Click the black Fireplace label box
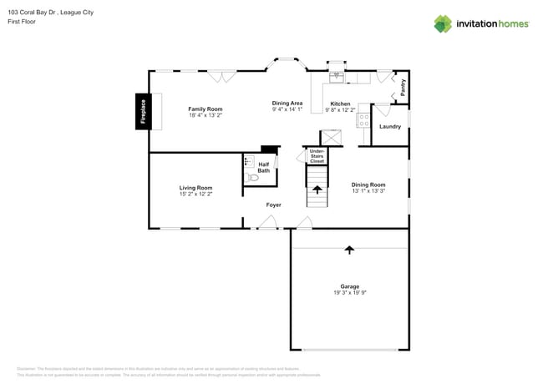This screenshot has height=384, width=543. (x=143, y=111)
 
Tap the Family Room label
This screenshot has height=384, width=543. (x=205, y=109)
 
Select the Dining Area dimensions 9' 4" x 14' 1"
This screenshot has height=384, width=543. (x=287, y=109)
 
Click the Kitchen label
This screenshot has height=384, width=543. (x=340, y=104)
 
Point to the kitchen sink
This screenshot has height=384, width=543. (x=337, y=78)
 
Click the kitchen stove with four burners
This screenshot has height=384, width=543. (x=363, y=121)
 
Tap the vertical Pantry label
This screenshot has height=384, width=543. (x=403, y=88)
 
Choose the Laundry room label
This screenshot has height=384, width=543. (x=390, y=127)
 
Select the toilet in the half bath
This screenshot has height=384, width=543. (x=252, y=177)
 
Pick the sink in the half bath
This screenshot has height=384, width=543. (x=248, y=161)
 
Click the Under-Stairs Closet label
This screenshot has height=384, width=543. (x=317, y=156)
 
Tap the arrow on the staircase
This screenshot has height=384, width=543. (x=317, y=189)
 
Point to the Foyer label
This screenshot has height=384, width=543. (x=274, y=205)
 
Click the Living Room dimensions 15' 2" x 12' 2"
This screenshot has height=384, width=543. (x=195, y=194)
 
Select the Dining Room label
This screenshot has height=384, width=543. (x=368, y=184)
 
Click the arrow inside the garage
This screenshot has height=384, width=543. (x=349, y=250)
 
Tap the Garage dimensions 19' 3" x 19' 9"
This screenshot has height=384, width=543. (x=349, y=293)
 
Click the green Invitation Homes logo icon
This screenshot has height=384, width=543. (x=443, y=24)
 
